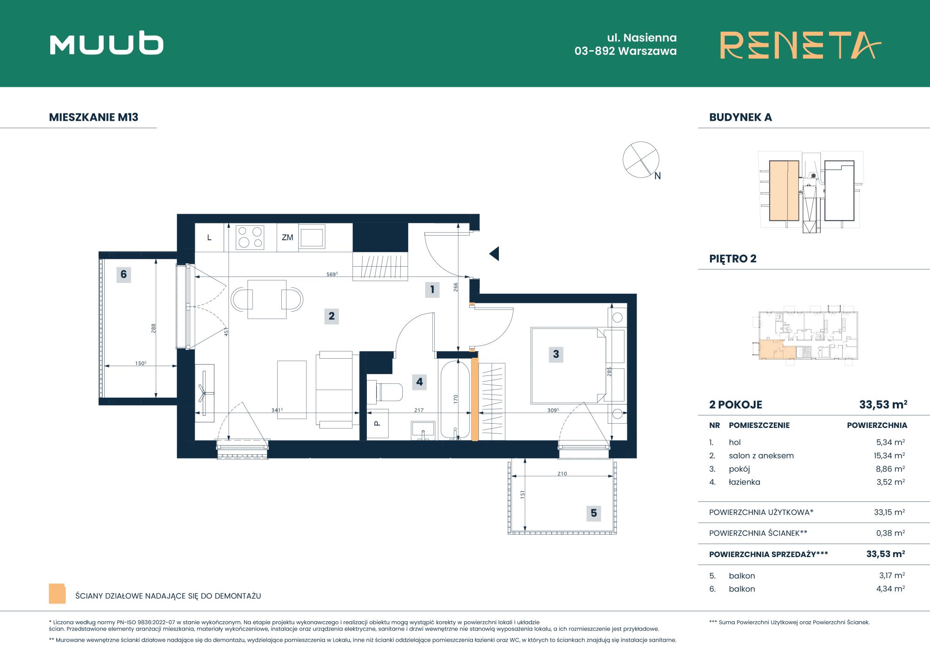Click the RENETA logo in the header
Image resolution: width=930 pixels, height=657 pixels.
(x=800, y=45)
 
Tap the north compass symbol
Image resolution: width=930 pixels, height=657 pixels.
(x=641, y=160)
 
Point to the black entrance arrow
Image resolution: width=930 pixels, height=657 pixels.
(x=494, y=254)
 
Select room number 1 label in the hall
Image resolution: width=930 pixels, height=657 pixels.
(x=432, y=289)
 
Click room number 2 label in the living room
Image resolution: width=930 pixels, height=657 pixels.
(x=332, y=316)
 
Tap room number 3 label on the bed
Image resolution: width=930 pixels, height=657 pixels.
(x=556, y=354)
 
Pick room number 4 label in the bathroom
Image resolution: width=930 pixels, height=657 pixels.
(x=419, y=382)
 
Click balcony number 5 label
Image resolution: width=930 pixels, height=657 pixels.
(x=594, y=513)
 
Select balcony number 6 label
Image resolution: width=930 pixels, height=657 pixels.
(x=124, y=274)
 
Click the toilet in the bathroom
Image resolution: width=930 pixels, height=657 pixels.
(x=385, y=392)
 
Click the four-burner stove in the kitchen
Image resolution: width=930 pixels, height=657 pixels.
(x=250, y=237)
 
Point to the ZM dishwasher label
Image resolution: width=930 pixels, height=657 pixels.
(x=287, y=237)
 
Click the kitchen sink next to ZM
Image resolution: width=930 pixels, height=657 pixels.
(x=312, y=237)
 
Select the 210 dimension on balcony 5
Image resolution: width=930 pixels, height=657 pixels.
(x=562, y=474)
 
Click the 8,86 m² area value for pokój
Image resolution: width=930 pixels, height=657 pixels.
(x=890, y=469)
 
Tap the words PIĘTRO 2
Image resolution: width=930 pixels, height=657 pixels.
(x=733, y=259)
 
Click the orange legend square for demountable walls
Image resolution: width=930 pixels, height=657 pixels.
(x=57, y=594)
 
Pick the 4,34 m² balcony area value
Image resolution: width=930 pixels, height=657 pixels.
(x=890, y=589)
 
